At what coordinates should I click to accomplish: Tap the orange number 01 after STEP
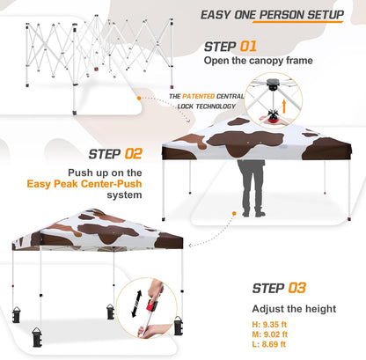pyautogui.click(x=248, y=46)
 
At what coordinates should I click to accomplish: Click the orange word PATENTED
pyautogui.click(x=199, y=95)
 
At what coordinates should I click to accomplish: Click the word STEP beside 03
pyautogui.click(x=267, y=287)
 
